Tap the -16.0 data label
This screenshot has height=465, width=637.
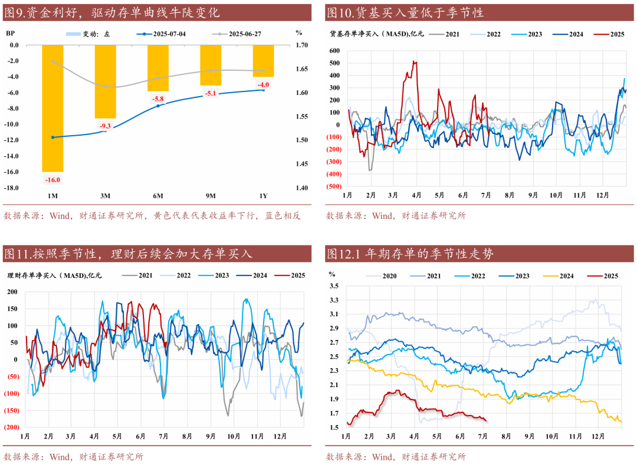tap(53, 180)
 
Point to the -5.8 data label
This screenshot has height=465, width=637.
tap(158, 99)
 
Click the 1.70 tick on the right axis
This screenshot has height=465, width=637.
tap(301, 45)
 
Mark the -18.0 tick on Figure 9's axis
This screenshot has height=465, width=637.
tap(11, 188)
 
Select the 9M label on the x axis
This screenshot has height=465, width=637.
tap(211, 195)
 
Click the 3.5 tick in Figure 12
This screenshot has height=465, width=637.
tap(334, 286)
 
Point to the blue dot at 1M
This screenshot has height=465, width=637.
tap(53, 137)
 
